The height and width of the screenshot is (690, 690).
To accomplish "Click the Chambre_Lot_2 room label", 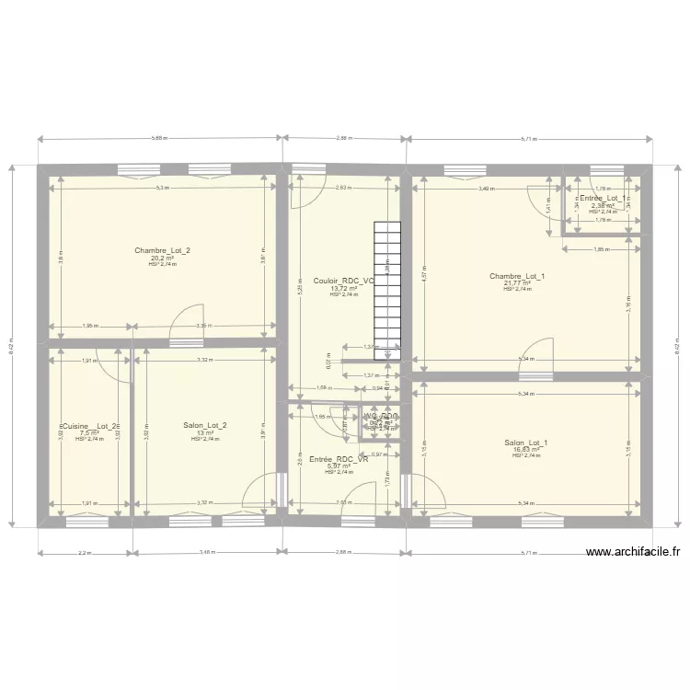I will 162,250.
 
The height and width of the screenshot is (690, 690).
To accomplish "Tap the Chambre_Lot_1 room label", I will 517,276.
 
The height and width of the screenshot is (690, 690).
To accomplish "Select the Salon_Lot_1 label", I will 525,443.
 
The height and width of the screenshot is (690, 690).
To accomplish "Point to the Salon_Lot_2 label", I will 204,425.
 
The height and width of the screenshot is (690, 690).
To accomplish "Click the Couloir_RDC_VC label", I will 343,281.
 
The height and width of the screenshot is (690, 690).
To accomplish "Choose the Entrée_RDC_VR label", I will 338,458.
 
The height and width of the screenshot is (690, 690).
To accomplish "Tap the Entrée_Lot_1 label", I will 604,198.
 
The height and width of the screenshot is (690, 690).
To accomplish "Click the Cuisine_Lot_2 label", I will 88,426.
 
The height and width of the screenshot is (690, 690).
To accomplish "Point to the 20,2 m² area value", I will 162,259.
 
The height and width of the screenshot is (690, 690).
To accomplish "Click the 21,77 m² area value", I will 518,283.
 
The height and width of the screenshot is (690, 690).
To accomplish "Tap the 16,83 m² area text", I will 525,450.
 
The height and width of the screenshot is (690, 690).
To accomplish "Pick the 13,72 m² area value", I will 342,288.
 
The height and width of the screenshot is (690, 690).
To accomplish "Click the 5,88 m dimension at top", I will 159,139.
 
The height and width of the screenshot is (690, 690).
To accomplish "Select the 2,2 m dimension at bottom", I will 85,553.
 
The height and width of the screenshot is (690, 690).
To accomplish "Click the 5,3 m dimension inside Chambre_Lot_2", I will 162,189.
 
